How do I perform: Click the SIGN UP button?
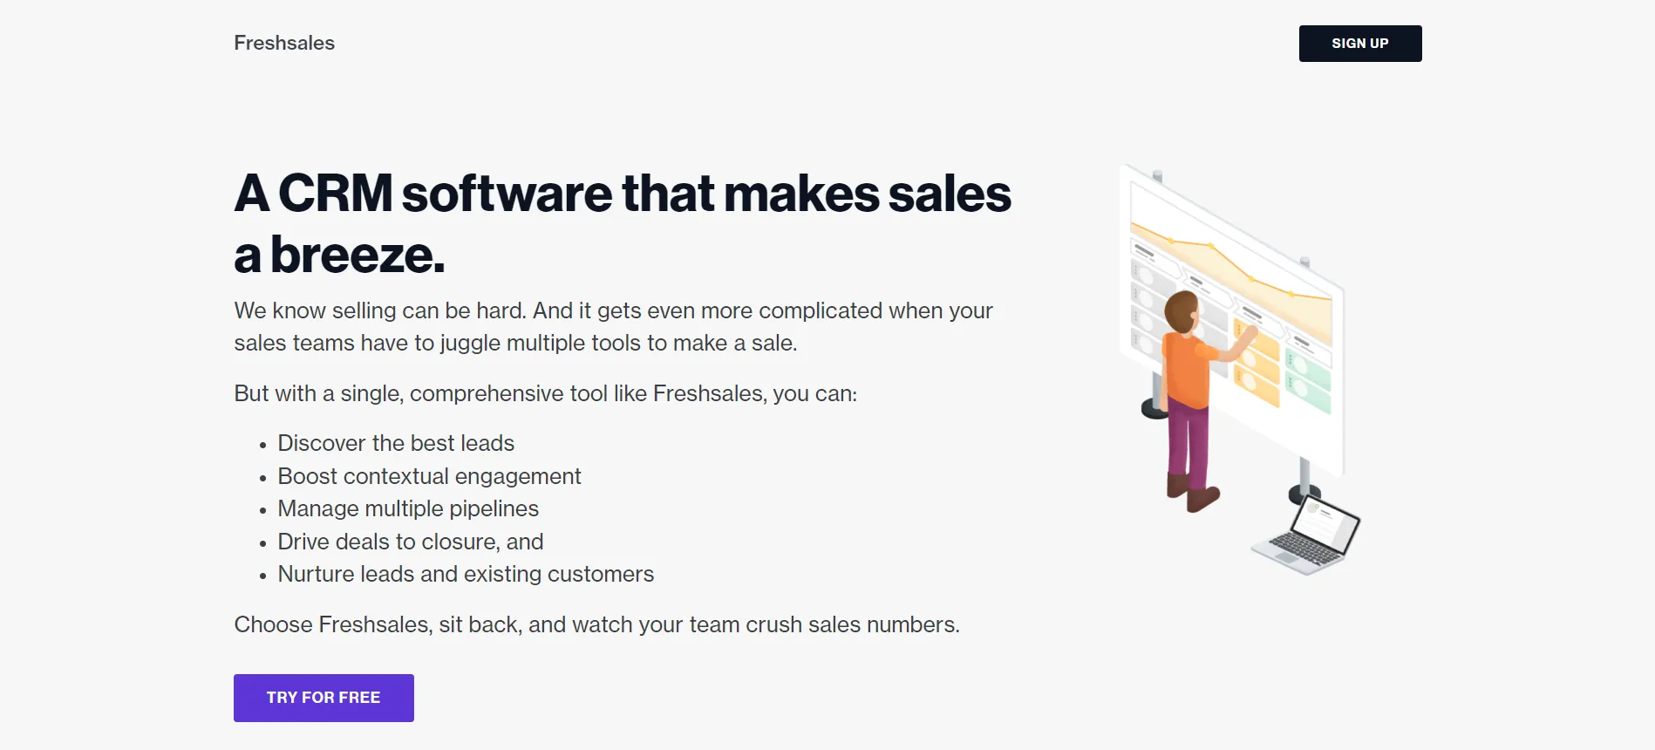tap(1360, 44)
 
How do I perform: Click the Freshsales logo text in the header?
tap(284, 43)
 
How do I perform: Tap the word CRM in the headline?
tap(336, 193)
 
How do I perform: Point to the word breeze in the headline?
tap(358, 255)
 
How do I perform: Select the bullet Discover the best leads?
tap(396, 443)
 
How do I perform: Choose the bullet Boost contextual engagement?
tap(429, 476)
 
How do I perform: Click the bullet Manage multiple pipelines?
tap(408, 508)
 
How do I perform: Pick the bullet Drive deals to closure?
tap(410, 542)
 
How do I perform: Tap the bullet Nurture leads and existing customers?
tap(466, 574)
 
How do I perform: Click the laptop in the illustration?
tap(1306, 536)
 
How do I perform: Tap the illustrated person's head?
tap(1182, 311)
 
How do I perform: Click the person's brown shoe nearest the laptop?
tap(1203, 499)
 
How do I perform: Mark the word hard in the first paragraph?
tap(500, 310)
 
